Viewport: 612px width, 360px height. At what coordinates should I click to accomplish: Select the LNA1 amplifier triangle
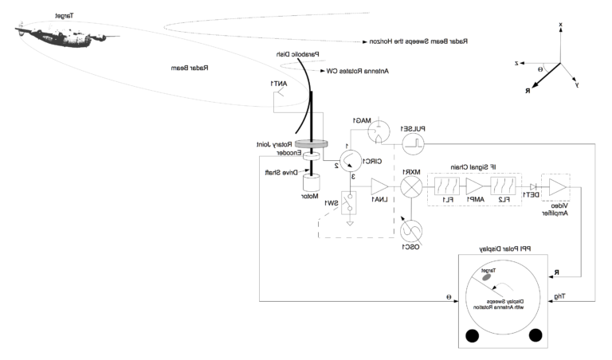[379, 188]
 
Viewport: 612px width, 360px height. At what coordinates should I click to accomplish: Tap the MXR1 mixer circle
[411, 188]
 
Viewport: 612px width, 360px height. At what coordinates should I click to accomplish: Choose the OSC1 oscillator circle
[411, 231]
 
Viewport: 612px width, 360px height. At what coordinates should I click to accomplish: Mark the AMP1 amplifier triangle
[473, 188]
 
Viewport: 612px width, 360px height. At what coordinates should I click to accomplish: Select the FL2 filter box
[502, 188]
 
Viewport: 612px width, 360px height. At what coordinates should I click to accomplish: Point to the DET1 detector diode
[530, 188]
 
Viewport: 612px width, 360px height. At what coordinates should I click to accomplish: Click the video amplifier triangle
[557, 188]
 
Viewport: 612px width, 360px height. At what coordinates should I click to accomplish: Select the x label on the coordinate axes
[561, 25]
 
